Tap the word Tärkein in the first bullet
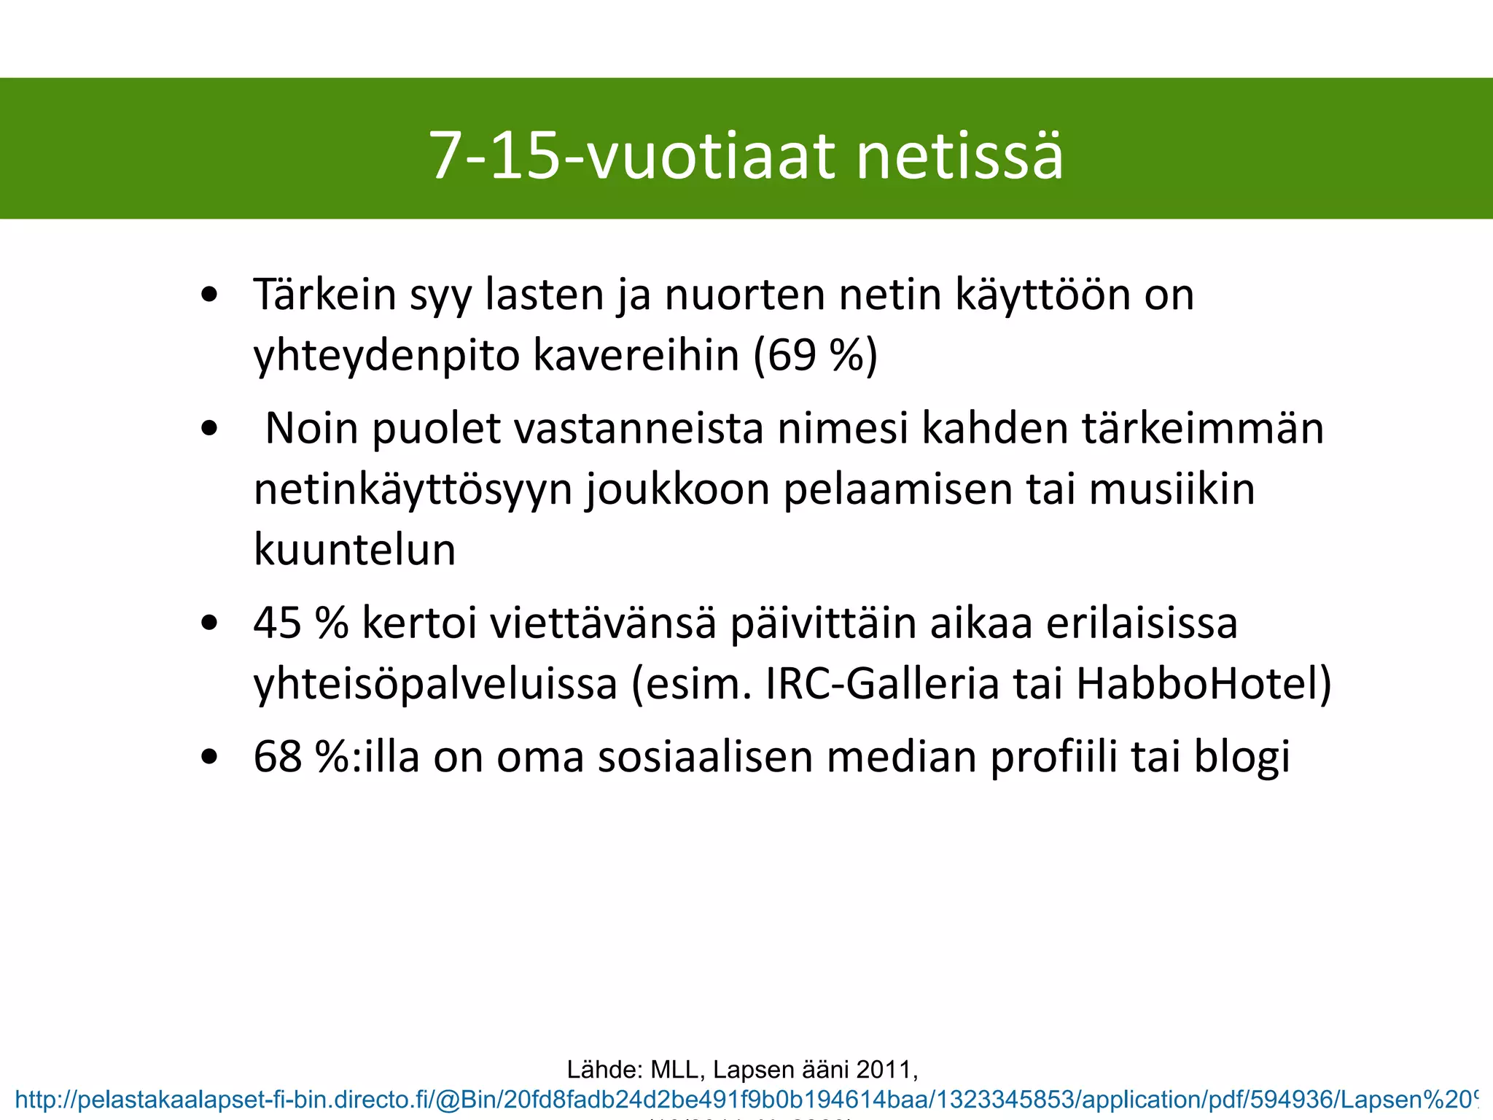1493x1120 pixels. pos(325,295)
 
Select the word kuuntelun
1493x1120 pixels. pos(354,550)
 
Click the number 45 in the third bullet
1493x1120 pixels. pos(278,623)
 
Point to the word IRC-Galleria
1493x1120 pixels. pos(882,684)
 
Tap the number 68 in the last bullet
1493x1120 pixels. pos(278,757)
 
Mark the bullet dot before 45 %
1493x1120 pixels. pos(210,624)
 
